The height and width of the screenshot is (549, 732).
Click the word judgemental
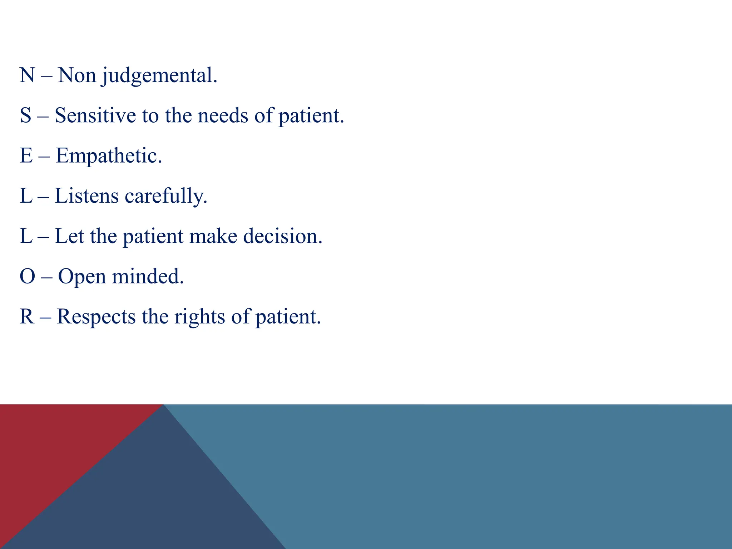tap(159, 76)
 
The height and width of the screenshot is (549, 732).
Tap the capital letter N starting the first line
tap(27, 75)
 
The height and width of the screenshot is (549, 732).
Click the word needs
tap(223, 116)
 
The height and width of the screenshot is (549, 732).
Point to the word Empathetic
tap(109, 156)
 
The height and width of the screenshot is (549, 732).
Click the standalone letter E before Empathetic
tap(26, 156)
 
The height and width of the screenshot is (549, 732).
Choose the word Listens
tap(86, 196)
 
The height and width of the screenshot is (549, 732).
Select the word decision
tap(283, 236)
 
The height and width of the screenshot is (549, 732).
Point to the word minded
tap(148, 277)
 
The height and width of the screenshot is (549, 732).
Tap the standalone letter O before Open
tap(28, 277)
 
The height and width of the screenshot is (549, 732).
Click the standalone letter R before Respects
tap(27, 317)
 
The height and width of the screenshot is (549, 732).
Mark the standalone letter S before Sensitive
tap(26, 116)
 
